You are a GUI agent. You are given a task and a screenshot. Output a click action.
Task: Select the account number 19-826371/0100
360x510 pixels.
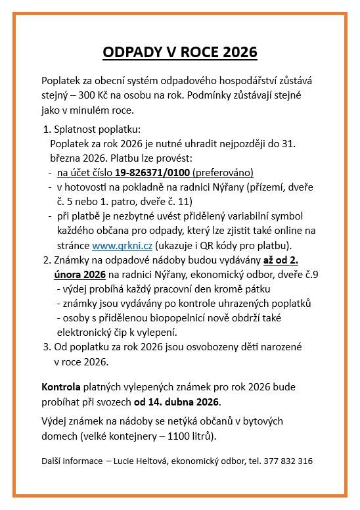pyautogui.click(x=152, y=173)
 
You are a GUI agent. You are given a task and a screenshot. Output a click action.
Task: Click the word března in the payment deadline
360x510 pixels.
pyautogui.click(x=65, y=158)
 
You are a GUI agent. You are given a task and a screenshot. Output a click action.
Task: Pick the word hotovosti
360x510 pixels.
pyautogui.click(x=89, y=187)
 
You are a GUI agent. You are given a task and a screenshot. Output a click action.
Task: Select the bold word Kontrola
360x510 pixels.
pyautogui.click(x=60, y=386)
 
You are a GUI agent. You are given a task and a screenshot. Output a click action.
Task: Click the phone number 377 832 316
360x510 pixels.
pyautogui.click(x=288, y=461)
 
